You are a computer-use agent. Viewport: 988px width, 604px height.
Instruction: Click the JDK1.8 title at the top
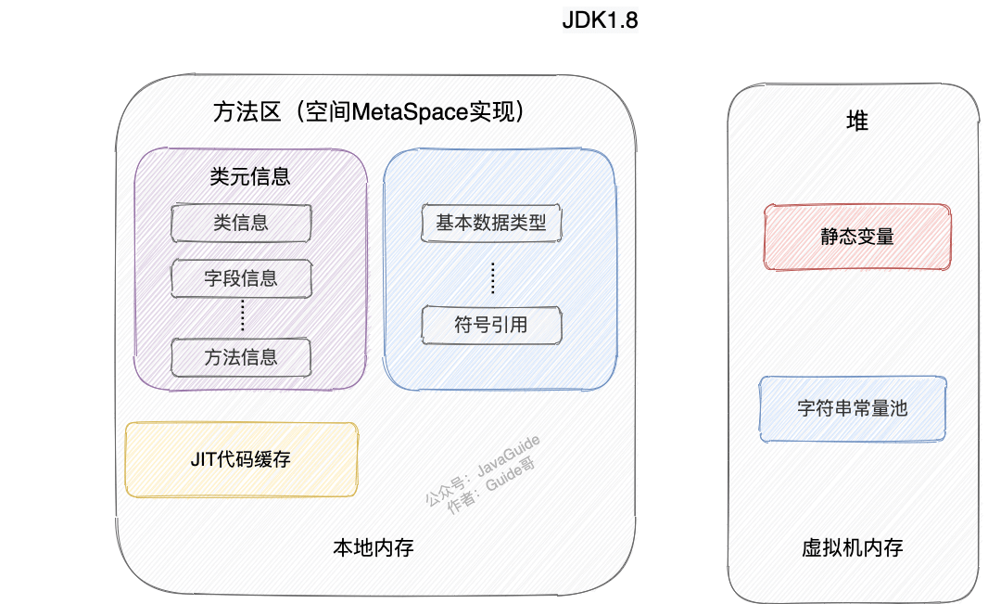pyautogui.click(x=600, y=20)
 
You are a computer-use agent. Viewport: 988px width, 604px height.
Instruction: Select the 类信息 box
pyautogui.click(x=241, y=223)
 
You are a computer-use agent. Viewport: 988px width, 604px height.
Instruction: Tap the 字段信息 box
pyautogui.click(x=241, y=276)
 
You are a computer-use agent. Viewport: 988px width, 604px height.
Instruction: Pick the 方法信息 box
pyautogui.click(x=241, y=357)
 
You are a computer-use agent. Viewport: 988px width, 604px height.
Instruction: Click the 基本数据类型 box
pyautogui.click(x=491, y=223)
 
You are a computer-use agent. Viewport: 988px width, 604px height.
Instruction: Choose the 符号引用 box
pyautogui.click(x=491, y=325)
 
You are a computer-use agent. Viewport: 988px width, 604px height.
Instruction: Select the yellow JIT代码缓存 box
pyautogui.click(x=241, y=459)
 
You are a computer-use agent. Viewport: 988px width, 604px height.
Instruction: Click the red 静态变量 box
pyautogui.click(x=856, y=237)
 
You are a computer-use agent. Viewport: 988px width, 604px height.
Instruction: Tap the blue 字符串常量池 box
pyautogui.click(x=853, y=408)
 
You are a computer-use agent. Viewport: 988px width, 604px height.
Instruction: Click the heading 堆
pyautogui.click(x=857, y=121)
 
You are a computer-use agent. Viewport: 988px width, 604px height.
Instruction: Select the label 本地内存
pyautogui.click(x=373, y=547)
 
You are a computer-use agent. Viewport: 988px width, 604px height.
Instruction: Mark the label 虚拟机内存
pyautogui.click(x=853, y=547)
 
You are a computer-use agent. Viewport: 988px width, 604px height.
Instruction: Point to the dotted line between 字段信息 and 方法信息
pyautogui.click(x=242, y=316)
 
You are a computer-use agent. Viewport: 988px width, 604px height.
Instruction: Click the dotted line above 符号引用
pyautogui.click(x=492, y=276)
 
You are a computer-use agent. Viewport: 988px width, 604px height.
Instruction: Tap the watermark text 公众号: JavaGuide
pyautogui.click(x=482, y=469)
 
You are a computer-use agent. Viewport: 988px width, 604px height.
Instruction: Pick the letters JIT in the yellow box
pyautogui.click(x=201, y=459)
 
